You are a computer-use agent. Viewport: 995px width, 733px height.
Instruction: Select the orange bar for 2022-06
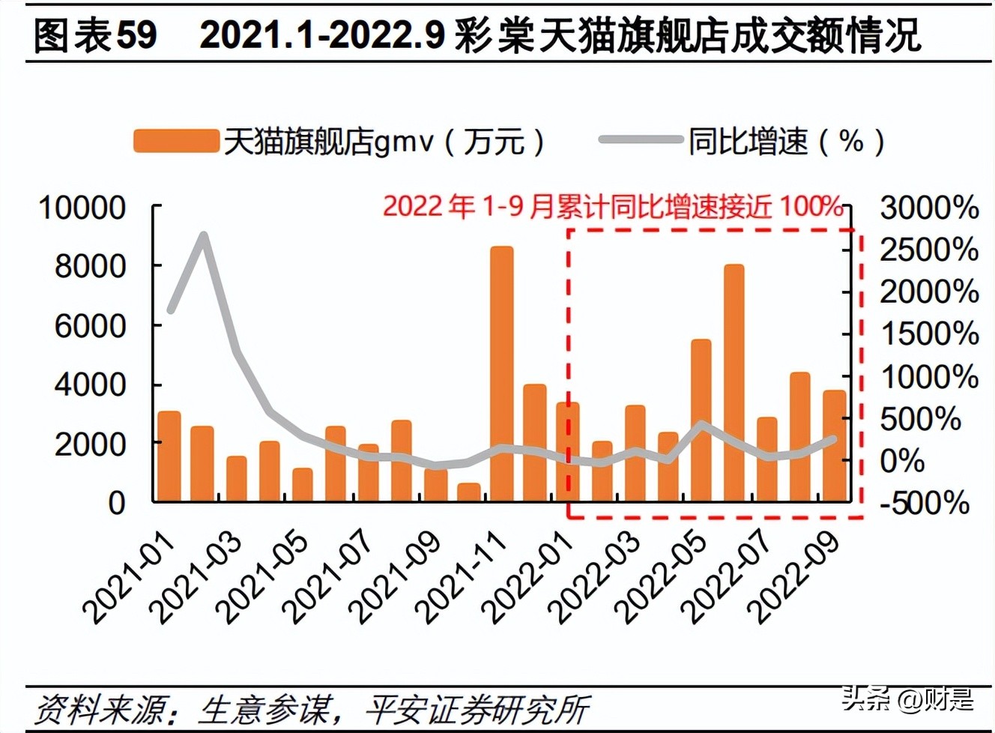tap(734, 382)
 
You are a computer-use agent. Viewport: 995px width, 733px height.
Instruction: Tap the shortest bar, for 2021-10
tap(468, 492)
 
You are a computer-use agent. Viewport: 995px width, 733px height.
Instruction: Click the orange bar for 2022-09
tap(834, 445)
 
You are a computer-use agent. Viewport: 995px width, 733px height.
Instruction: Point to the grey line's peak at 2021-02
tap(203, 236)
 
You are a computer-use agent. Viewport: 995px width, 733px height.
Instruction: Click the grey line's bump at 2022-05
tap(701, 425)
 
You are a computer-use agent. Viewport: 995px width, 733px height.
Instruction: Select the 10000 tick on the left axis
tap(82, 207)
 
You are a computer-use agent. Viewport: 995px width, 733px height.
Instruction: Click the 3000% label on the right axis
tap(929, 208)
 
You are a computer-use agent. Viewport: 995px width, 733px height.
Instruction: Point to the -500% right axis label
tap(925, 502)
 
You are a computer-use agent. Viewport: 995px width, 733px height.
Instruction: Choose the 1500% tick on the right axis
tap(929, 334)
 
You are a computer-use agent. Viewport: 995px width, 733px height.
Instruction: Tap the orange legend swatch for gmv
tap(176, 141)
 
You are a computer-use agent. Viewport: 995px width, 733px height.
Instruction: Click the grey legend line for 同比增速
tap(641, 140)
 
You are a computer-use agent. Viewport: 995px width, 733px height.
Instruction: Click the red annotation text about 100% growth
tap(613, 205)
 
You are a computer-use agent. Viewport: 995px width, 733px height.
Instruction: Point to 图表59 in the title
tap(96, 34)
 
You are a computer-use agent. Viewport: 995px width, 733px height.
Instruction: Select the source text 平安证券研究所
tap(477, 708)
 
